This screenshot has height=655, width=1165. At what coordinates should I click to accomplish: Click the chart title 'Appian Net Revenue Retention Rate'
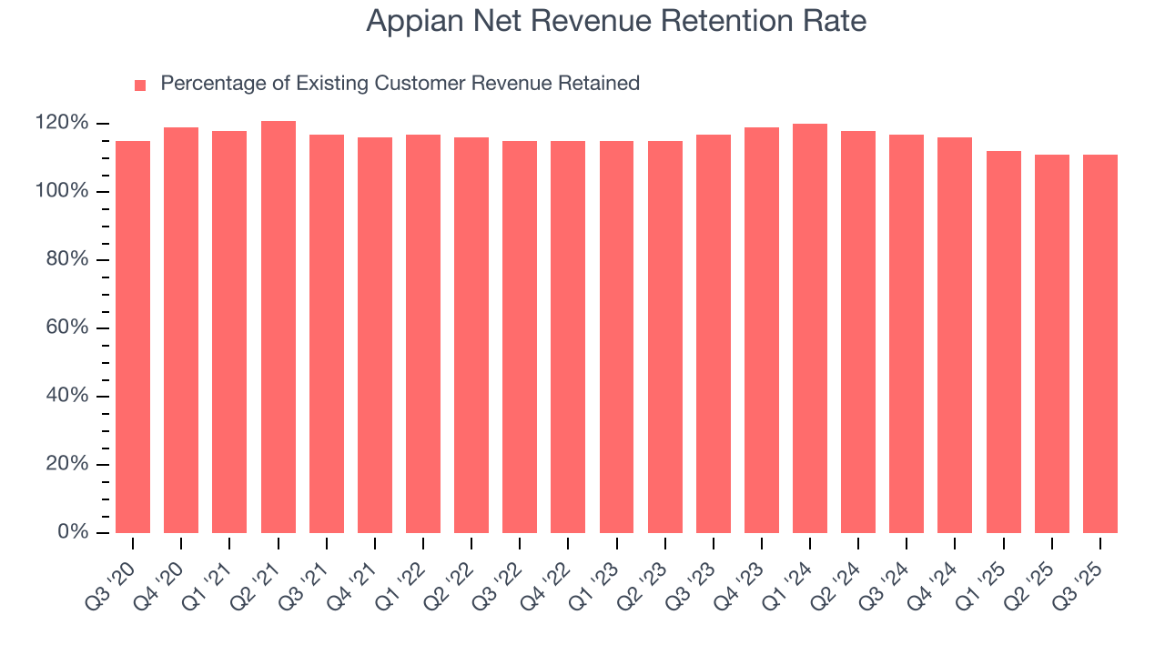click(x=616, y=21)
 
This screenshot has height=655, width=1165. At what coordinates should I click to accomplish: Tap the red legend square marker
click(x=140, y=85)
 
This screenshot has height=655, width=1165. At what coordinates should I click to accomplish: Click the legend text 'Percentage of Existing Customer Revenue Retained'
click(x=400, y=84)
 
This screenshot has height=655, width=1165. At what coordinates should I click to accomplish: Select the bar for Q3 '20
click(x=133, y=337)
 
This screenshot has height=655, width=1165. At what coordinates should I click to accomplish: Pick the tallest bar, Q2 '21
click(x=278, y=327)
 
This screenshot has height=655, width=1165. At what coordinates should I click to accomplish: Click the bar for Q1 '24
click(x=810, y=327)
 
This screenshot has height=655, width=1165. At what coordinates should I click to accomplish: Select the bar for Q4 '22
click(x=568, y=337)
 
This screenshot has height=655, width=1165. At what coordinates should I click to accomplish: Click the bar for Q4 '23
click(x=762, y=329)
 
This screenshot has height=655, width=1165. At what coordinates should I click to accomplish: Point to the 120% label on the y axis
click(x=62, y=123)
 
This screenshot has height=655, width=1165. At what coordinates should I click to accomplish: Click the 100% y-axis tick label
click(x=62, y=191)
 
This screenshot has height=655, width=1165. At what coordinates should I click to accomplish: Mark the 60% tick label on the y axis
click(x=66, y=327)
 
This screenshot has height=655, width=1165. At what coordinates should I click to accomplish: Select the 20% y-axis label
click(x=66, y=464)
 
